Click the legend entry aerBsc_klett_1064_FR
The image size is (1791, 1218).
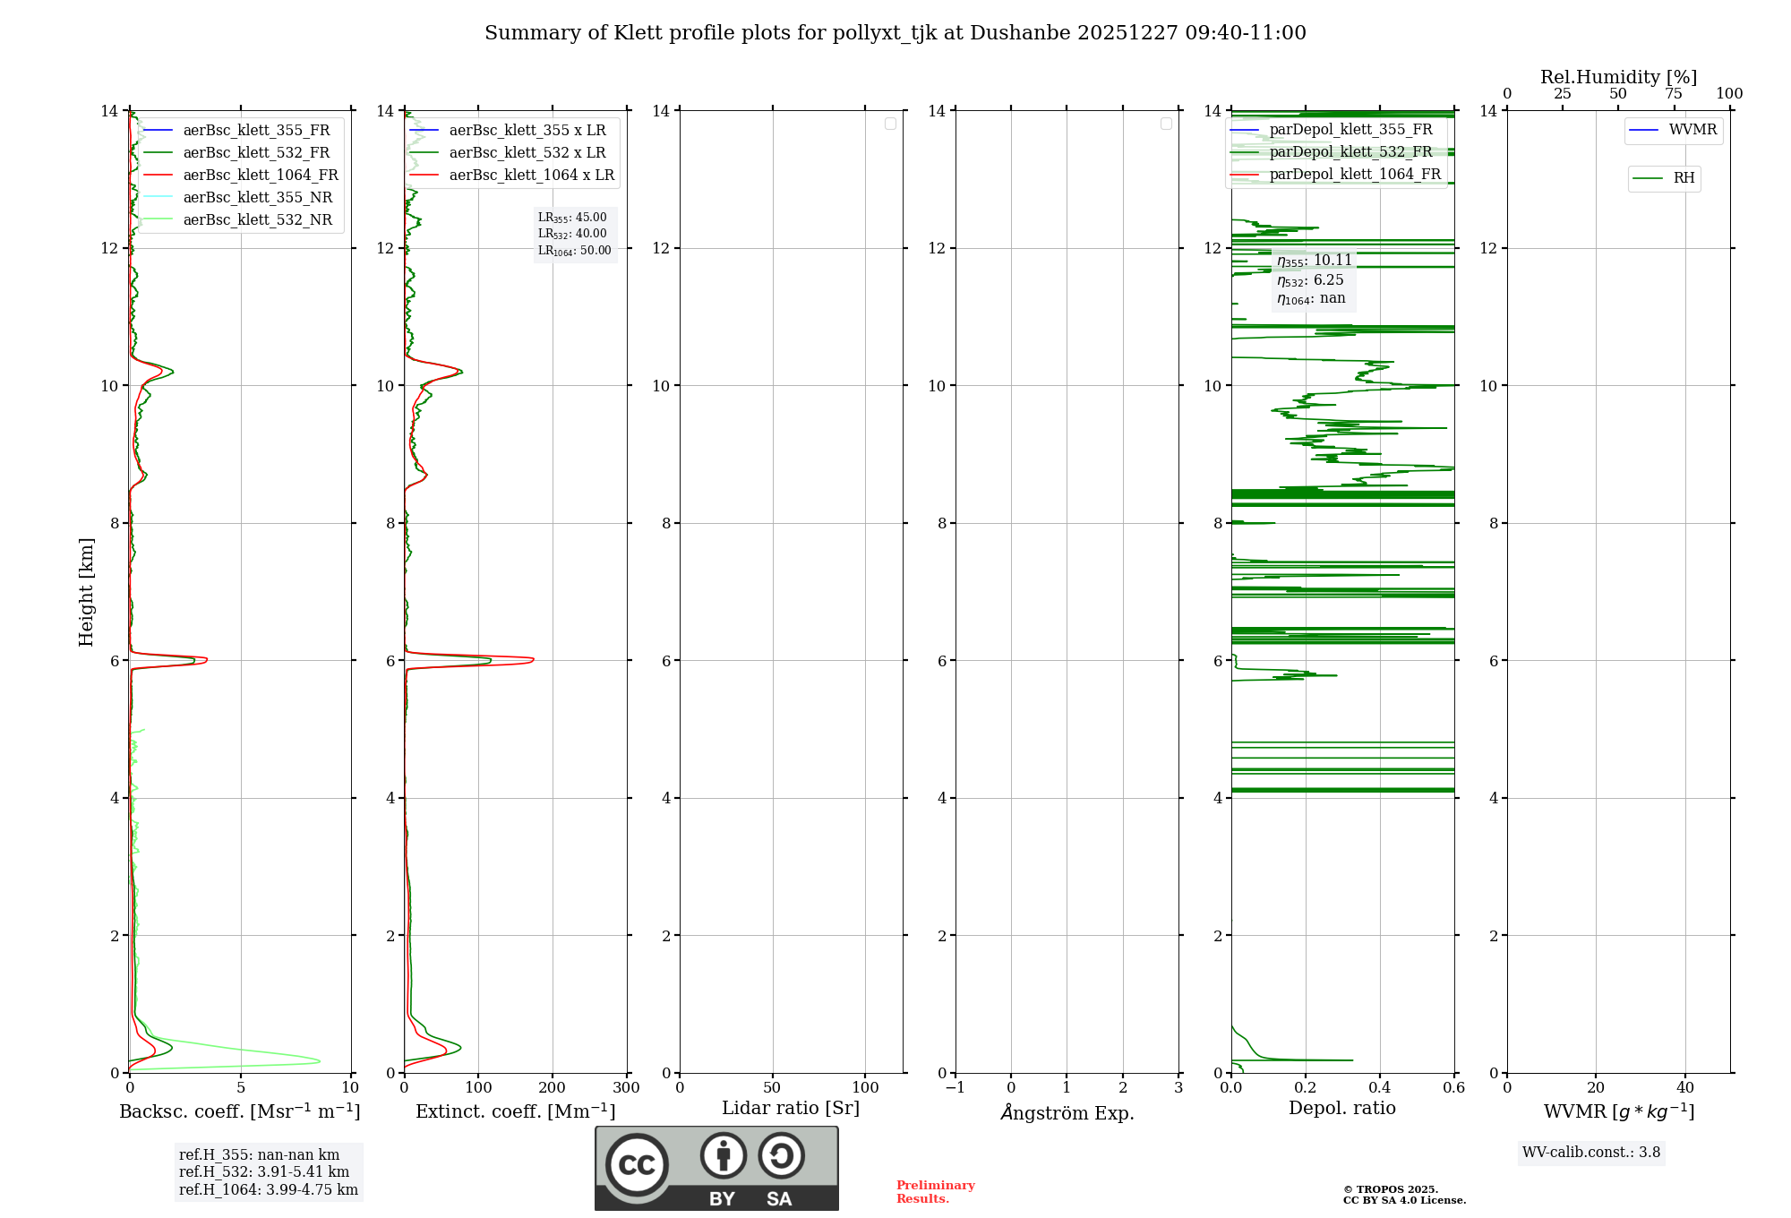pos(260,176)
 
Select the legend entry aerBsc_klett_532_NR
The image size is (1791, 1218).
pos(257,220)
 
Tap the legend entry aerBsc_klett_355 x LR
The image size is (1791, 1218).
pos(527,131)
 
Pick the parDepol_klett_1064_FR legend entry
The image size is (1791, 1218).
pos(1354,175)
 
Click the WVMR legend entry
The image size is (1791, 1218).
pos(1692,130)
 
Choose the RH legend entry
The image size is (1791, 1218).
pos(1684,178)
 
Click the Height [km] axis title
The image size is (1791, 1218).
pos(86,591)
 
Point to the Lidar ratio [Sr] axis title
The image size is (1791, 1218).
pos(790,1108)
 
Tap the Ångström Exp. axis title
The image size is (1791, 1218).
pos(1067,1113)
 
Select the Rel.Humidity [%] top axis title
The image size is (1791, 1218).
pos(1618,77)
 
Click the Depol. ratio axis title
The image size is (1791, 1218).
pos(1341,1108)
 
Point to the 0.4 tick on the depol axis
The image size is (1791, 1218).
pos(1380,1088)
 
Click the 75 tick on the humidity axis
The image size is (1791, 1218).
pos(1674,94)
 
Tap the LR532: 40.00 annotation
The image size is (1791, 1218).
pos(572,234)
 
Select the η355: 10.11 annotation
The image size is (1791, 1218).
pos(1314,261)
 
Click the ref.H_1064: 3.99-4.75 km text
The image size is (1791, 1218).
pos(268,1190)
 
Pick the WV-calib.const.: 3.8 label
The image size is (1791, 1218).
pos(1590,1153)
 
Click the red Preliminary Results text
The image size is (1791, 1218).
pos(935,1192)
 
